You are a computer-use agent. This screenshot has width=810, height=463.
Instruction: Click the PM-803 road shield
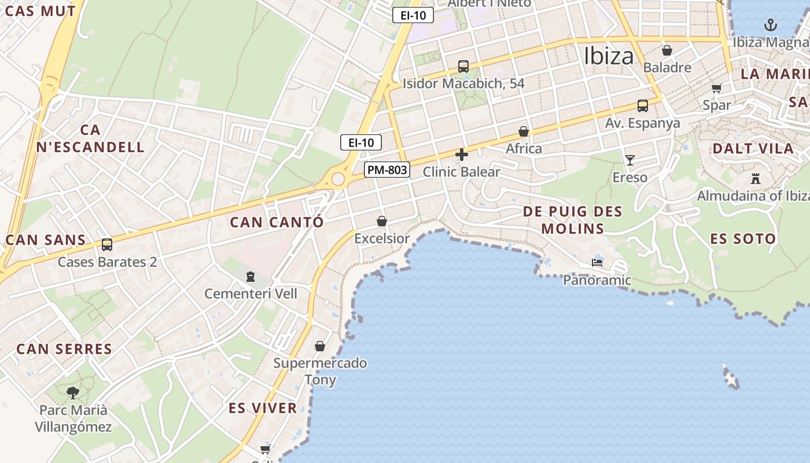tap(387, 170)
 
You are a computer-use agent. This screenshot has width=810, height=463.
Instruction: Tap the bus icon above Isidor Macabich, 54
tap(463, 66)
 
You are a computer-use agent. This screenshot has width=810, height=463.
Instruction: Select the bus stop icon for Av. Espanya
tap(642, 106)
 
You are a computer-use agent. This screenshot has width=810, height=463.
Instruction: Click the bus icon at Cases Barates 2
tap(106, 245)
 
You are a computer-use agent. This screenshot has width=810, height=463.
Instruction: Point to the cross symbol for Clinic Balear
tap(461, 155)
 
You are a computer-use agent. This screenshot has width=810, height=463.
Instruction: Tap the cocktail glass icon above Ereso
tap(629, 160)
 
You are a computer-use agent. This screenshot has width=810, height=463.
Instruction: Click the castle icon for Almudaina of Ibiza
tap(755, 178)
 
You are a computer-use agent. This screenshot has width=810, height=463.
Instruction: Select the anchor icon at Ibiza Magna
tap(770, 25)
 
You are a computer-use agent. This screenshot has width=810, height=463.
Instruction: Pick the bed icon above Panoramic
tap(597, 263)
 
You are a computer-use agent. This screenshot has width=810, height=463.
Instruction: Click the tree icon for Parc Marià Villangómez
tap(73, 393)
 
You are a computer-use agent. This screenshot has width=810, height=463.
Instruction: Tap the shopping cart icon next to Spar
tap(717, 88)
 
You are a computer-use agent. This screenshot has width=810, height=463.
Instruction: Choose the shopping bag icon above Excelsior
tap(381, 221)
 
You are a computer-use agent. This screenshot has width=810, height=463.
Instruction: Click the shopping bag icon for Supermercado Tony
tap(319, 346)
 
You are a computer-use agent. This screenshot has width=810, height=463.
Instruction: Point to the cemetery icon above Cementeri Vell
tap(250, 277)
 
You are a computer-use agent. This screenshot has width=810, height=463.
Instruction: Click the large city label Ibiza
tap(609, 56)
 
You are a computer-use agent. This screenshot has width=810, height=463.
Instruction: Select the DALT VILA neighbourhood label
tap(753, 148)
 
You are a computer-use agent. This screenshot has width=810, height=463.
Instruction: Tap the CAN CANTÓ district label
tap(277, 222)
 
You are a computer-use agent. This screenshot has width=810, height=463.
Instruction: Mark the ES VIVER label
tap(263, 408)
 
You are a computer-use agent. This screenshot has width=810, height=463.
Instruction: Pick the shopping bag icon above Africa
tap(524, 131)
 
